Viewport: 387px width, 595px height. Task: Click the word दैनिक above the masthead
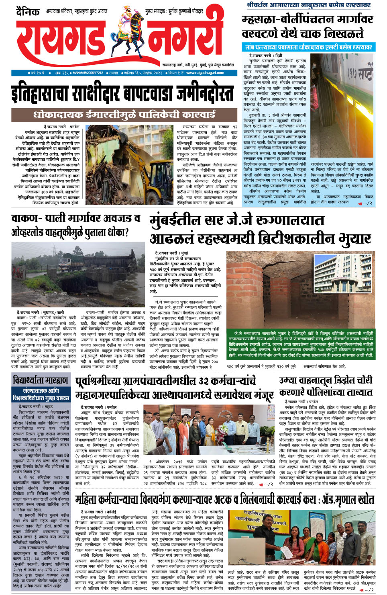pyautogui.click(x=28, y=12)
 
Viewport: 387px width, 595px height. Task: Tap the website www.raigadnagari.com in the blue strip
pyautogui.click(x=205, y=73)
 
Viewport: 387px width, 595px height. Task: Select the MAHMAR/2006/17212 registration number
pyautogui.click(x=88, y=73)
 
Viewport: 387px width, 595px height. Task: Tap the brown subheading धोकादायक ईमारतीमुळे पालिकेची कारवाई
pyautogui.click(x=124, y=115)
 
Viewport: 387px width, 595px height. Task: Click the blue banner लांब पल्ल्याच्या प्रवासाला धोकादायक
pyautogui.click(x=308, y=47)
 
